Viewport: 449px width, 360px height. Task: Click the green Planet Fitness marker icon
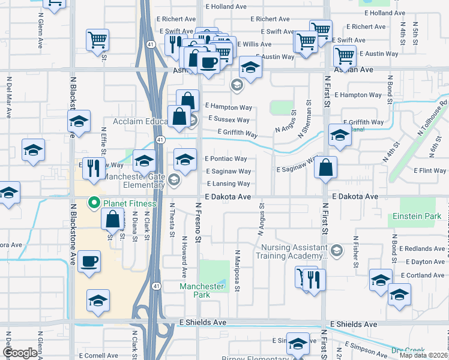tap(94, 203)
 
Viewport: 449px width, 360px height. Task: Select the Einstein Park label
tap(417, 215)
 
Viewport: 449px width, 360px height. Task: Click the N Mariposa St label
tap(238, 271)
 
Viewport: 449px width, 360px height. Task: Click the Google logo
tap(20, 353)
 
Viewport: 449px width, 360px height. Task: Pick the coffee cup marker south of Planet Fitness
tap(89, 262)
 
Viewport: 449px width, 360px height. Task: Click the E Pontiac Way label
tap(226, 159)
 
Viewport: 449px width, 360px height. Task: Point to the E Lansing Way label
tap(228, 184)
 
